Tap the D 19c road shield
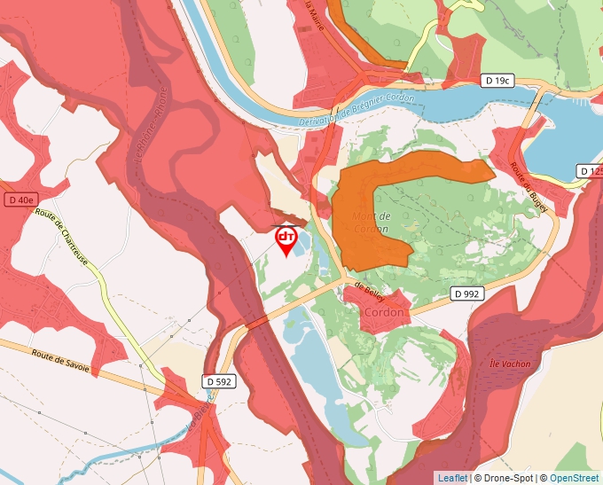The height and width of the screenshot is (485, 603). (498, 81)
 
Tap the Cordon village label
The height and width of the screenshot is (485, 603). (383, 312)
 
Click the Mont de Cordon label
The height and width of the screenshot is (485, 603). (372, 223)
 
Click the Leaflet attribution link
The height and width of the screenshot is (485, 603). (452, 478)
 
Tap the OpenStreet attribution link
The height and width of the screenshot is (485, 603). (575, 478)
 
